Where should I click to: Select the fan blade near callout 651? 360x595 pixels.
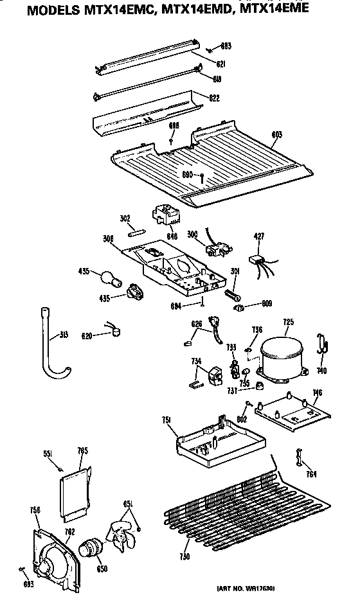tap(122, 535)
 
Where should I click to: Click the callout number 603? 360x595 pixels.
tap(277, 134)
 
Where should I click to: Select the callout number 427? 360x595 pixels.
tap(259, 236)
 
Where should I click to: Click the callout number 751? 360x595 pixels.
tap(165, 420)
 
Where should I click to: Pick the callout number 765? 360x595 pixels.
tap(82, 450)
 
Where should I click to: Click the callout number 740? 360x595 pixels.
tap(321, 370)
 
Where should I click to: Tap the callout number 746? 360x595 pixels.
tap(317, 393)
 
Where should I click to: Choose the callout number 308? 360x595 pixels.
tap(108, 238)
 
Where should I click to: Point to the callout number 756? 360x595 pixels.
tap(35, 511)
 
